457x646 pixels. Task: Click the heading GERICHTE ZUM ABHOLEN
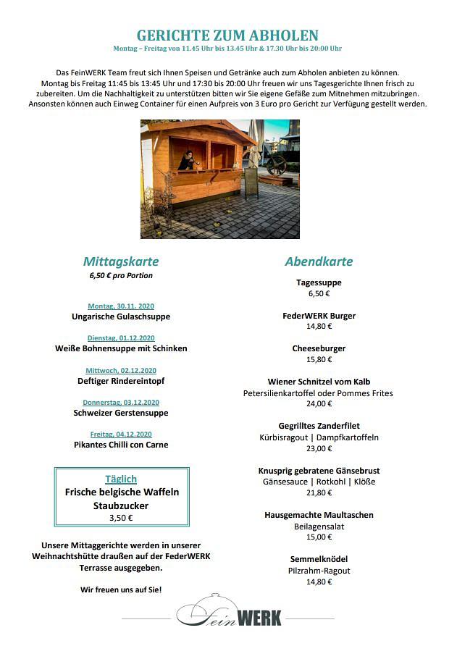227,35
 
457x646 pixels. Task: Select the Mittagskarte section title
121,261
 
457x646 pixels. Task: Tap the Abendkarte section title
319,261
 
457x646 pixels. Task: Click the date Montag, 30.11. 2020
121,306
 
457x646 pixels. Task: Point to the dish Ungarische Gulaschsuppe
121,316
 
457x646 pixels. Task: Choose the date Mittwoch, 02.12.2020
121,370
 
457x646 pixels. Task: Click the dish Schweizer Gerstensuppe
121,413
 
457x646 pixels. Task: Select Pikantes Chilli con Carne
121,445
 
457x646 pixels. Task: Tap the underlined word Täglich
121,479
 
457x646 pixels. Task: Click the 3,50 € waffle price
121,518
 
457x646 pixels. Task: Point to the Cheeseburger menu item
319,348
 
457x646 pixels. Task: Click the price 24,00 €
319,403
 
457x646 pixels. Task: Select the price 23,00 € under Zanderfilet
319,448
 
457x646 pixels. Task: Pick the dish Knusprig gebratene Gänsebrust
319,471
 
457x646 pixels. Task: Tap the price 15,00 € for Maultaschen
319,537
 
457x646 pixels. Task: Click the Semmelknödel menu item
319,559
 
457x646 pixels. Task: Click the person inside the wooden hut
186,161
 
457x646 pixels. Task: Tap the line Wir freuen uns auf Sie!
121,590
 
